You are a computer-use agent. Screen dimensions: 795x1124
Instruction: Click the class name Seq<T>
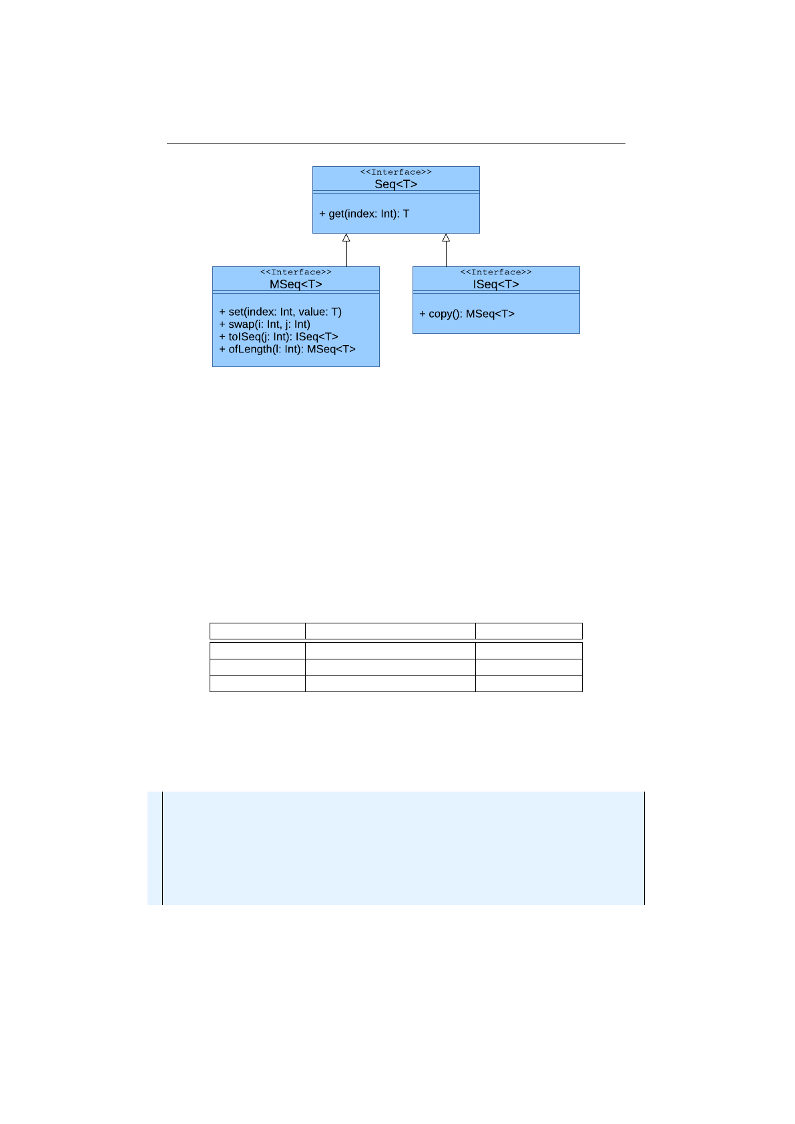point(396,184)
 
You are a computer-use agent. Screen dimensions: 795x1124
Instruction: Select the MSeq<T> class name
point(296,284)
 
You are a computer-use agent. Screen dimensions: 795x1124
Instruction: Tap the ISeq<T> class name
point(496,284)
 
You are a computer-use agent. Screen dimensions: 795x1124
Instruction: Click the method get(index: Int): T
point(364,214)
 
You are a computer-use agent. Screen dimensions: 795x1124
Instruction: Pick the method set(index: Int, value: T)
point(280,312)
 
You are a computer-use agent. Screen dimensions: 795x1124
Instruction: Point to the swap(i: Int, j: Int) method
point(265,324)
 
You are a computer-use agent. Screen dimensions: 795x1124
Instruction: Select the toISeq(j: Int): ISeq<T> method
point(279,336)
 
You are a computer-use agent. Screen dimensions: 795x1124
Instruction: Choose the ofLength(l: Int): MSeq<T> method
point(288,349)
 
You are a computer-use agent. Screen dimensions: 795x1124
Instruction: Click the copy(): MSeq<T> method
point(467,314)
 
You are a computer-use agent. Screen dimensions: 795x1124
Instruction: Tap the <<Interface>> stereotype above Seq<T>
point(396,172)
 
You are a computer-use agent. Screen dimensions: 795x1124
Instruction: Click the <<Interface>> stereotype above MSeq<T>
point(296,272)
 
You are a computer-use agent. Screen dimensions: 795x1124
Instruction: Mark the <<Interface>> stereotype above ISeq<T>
point(496,272)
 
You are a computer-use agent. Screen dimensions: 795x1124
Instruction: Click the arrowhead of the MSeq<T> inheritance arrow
point(346,238)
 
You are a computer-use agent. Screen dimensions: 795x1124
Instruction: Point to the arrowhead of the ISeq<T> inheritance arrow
point(446,238)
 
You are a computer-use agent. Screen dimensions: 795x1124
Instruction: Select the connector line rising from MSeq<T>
point(346,254)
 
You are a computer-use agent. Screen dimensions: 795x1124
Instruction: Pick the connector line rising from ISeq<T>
point(446,254)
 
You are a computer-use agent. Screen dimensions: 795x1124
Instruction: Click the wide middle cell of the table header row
point(390,631)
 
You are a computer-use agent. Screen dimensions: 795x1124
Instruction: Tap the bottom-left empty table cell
point(258,683)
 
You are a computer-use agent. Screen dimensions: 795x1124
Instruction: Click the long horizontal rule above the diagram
point(396,143)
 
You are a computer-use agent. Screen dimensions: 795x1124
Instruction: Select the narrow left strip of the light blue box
point(155,848)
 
